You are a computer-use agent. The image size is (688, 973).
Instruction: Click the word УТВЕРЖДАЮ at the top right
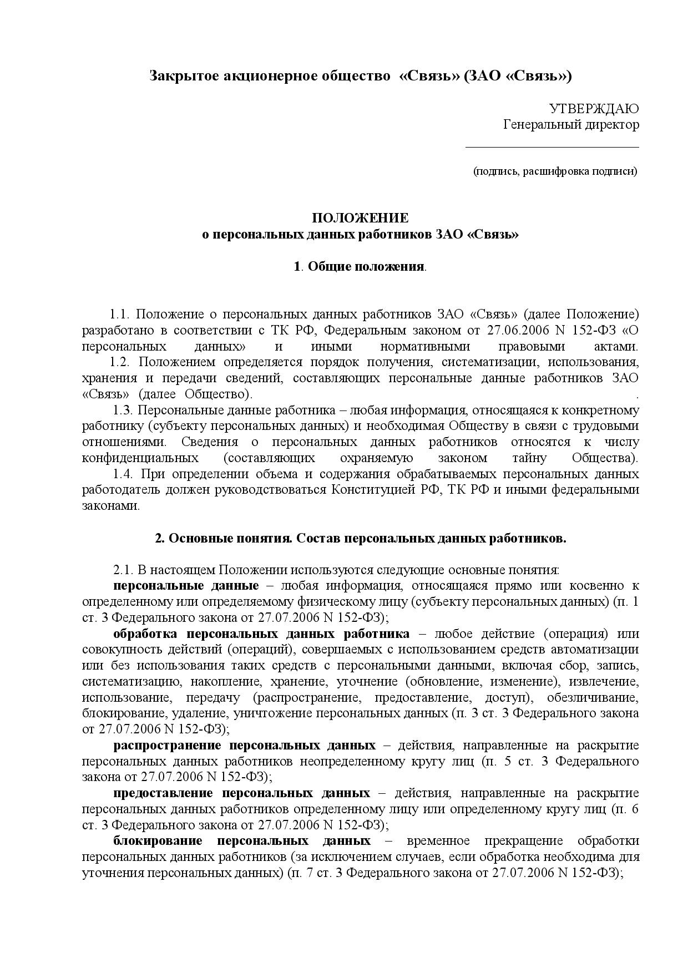coord(594,108)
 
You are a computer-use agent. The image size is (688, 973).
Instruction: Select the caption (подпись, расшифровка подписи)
coord(555,171)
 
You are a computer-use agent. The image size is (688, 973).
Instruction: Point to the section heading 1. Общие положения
coord(360,267)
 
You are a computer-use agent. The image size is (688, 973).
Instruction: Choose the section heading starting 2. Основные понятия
coord(360,539)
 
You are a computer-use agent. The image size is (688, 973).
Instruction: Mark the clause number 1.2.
coord(119,362)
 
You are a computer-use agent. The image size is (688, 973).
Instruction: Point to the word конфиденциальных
coord(140,458)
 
